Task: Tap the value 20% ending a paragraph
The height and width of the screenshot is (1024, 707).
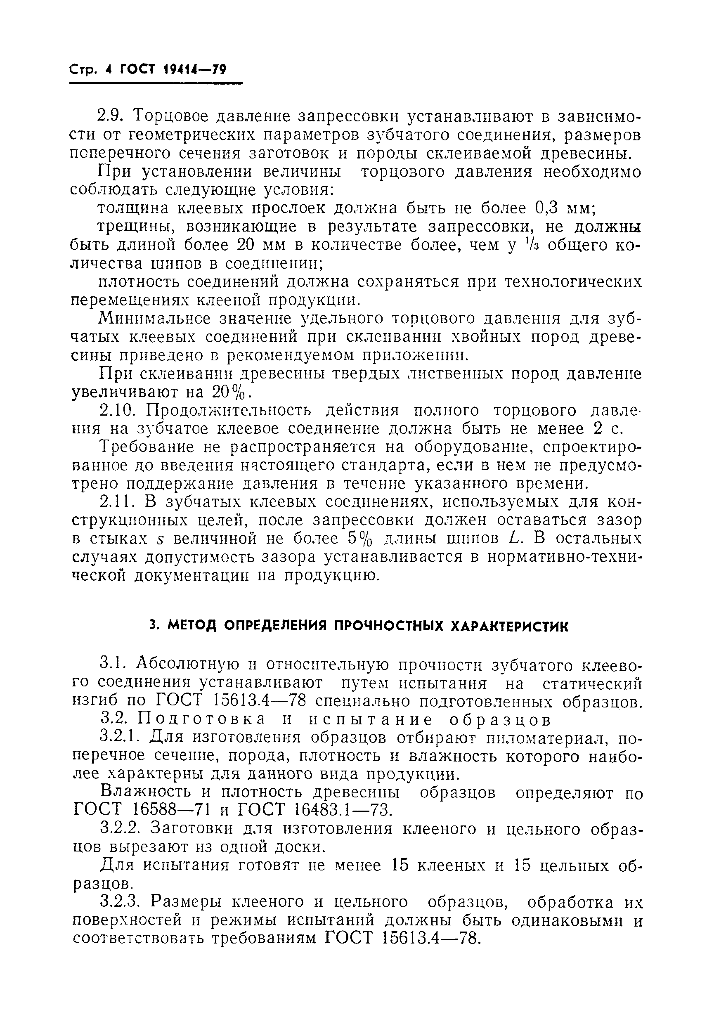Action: (232, 393)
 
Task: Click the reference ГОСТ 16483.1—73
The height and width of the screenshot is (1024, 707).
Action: (315, 810)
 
